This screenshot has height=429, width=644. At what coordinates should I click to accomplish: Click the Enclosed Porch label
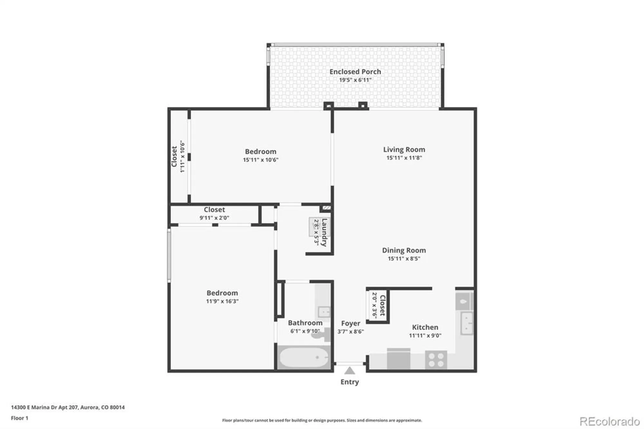(x=355, y=72)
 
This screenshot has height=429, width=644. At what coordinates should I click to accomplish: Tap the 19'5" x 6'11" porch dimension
(x=355, y=80)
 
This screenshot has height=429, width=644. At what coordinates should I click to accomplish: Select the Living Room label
(x=404, y=149)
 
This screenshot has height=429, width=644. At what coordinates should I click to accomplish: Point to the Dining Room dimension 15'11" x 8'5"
(x=404, y=259)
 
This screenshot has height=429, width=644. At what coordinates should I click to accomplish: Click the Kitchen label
(x=425, y=327)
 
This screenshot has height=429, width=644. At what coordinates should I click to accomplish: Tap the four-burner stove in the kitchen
(x=436, y=360)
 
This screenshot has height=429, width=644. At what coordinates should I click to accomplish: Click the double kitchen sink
(x=467, y=323)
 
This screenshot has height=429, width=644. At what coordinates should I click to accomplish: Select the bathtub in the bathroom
(x=304, y=357)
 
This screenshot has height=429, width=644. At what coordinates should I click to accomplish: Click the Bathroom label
(x=305, y=323)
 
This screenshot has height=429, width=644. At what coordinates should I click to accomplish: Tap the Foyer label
(x=350, y=323)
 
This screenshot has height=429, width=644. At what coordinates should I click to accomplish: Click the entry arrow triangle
(x=349, y=371)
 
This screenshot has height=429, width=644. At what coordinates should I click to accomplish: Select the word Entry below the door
(x=349, y=382)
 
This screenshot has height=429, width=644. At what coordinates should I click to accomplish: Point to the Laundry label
(x=324, y=232)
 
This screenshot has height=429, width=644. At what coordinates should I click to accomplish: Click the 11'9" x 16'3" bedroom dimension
(x=222, y=301)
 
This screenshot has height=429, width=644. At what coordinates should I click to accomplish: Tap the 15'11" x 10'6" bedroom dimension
(x=260, y=160)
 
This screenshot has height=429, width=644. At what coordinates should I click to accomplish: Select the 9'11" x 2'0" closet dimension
(x=214, y=218)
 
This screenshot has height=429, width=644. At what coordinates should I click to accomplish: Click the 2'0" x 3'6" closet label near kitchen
(x=375, y=305)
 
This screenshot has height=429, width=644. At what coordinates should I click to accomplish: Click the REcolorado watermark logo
(x=610, y=421)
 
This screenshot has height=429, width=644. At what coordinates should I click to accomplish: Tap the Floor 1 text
(x=20, y=418)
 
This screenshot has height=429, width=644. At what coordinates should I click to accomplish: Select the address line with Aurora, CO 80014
(x=68, y=407)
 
